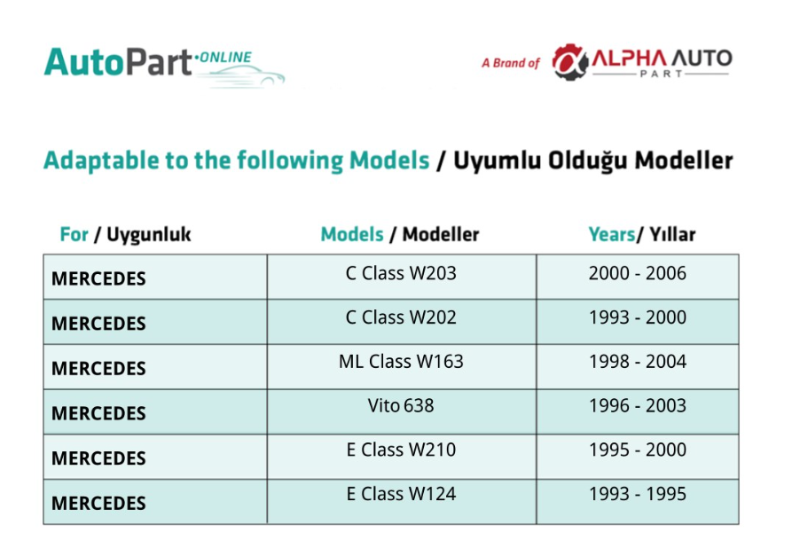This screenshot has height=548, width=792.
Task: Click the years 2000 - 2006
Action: tap(638, 273)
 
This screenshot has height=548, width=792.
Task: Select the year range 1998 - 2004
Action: tap(638, 362)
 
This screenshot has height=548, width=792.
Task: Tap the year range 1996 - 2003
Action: tap(638, 405)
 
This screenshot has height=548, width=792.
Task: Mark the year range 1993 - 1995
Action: tap(638, 493)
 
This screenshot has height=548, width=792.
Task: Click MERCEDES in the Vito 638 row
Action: tap(98, 413)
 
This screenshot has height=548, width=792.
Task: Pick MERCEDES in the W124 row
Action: tap(98, 504)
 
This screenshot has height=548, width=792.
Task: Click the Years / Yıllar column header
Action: tap(642, 234)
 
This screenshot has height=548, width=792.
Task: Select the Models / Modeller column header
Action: tap(400, 234)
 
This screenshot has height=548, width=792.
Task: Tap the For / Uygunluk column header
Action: tap(125, 235)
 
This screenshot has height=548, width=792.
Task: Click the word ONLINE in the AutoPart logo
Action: tap(226, 58)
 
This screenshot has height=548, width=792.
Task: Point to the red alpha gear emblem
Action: tap(569, 62)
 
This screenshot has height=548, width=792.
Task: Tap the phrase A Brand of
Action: tap(511, 63)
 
